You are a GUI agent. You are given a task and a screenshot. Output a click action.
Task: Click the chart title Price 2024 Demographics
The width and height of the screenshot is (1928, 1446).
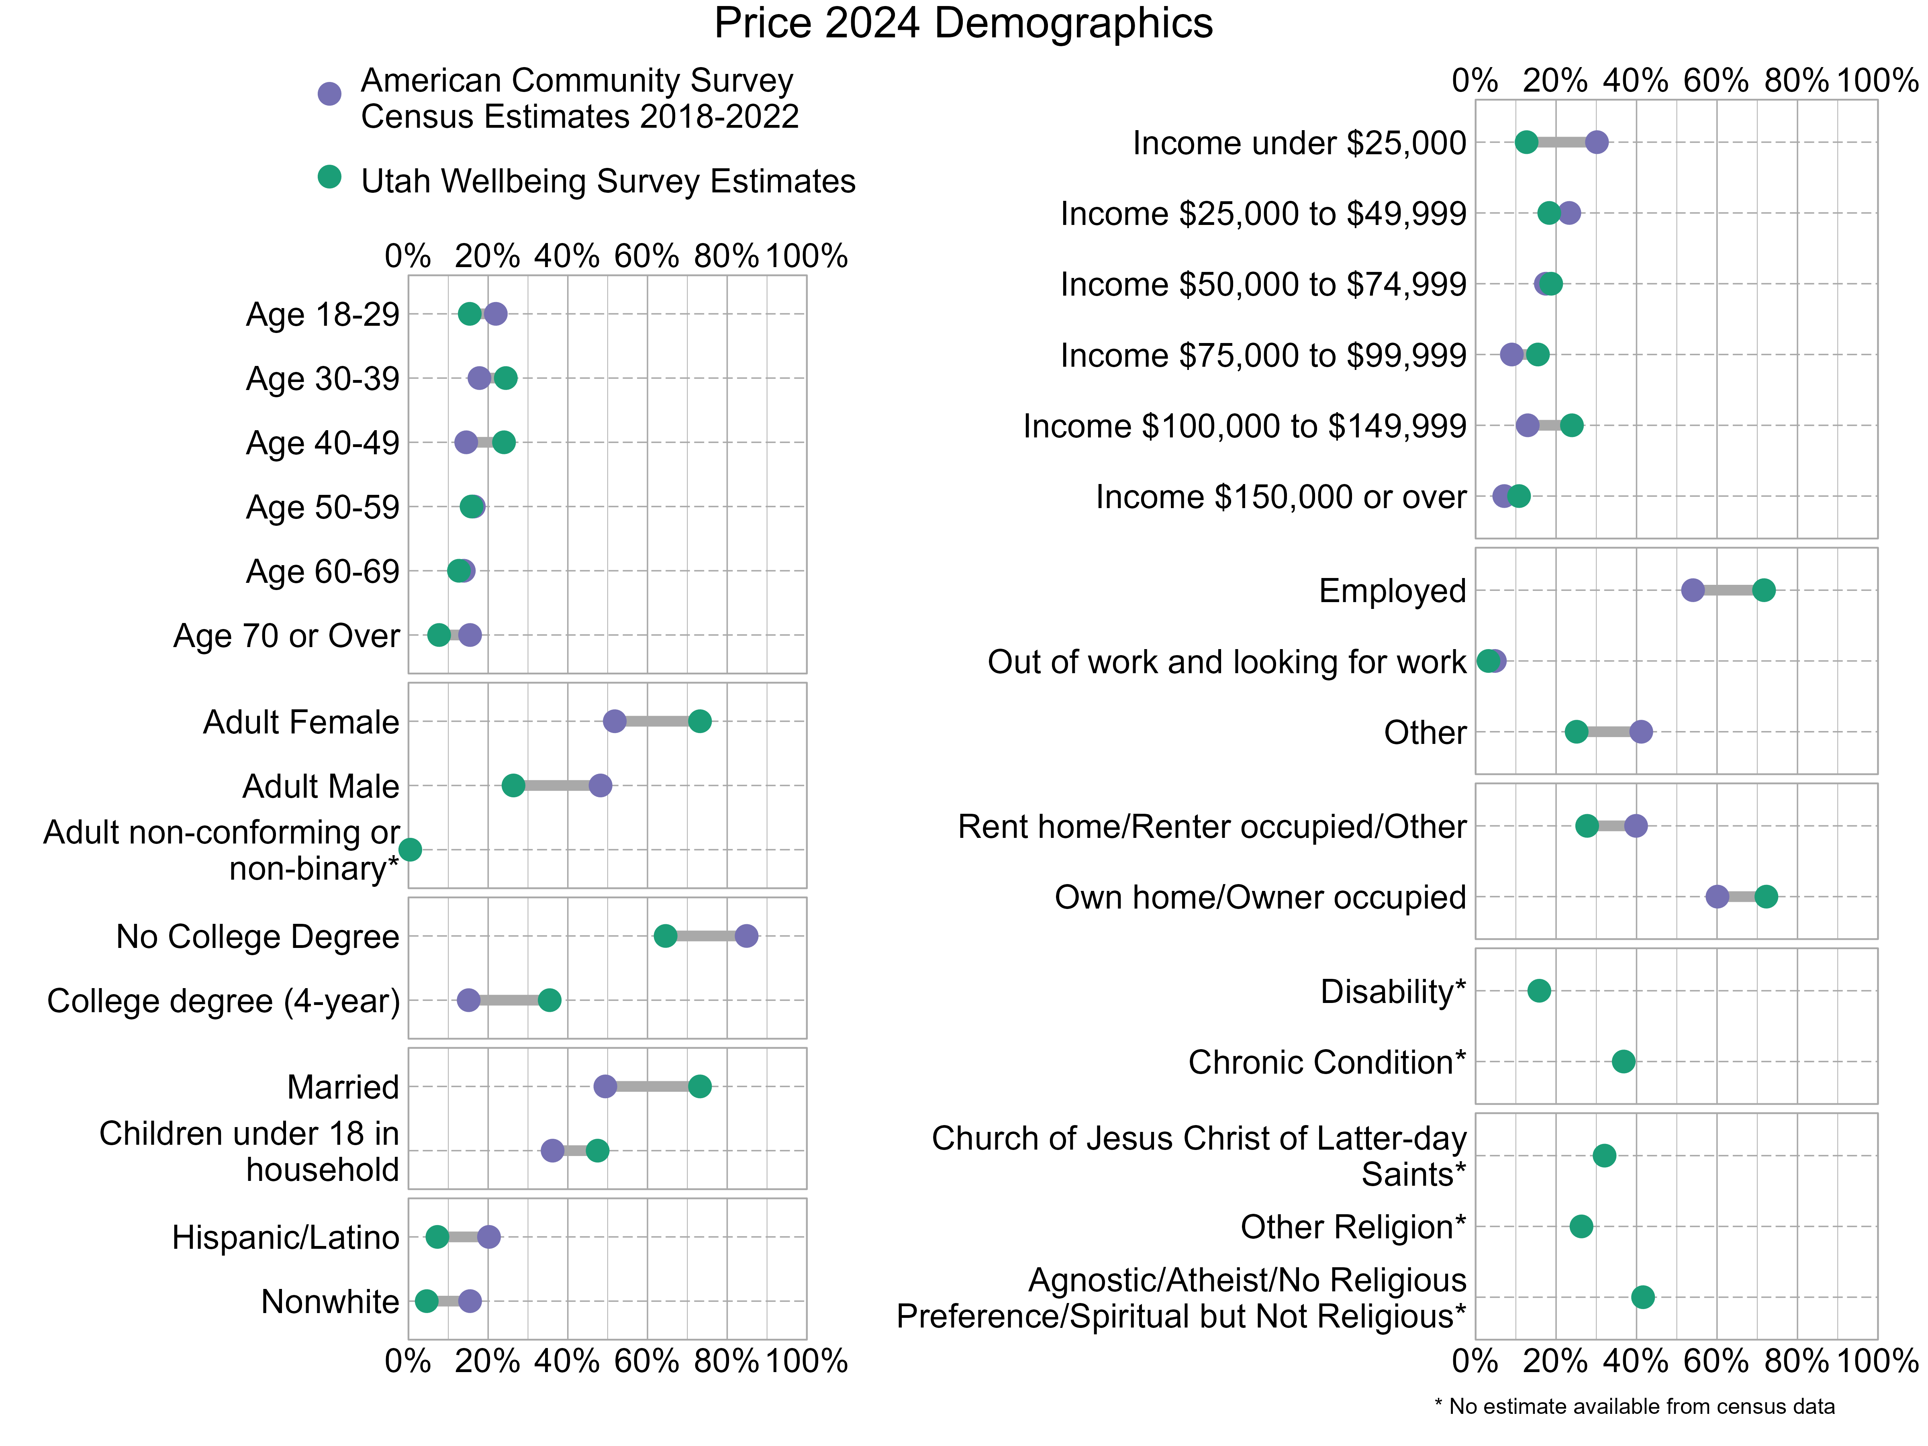963,24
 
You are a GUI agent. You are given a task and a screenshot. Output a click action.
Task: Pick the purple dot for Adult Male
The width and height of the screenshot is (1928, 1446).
600,785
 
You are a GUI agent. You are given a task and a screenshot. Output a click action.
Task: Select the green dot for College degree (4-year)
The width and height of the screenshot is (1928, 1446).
549,1000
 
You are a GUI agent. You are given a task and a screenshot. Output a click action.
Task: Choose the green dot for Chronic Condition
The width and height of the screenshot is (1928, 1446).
1623,1062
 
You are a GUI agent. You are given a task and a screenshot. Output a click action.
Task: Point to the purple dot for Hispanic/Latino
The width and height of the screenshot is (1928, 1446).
489,1237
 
